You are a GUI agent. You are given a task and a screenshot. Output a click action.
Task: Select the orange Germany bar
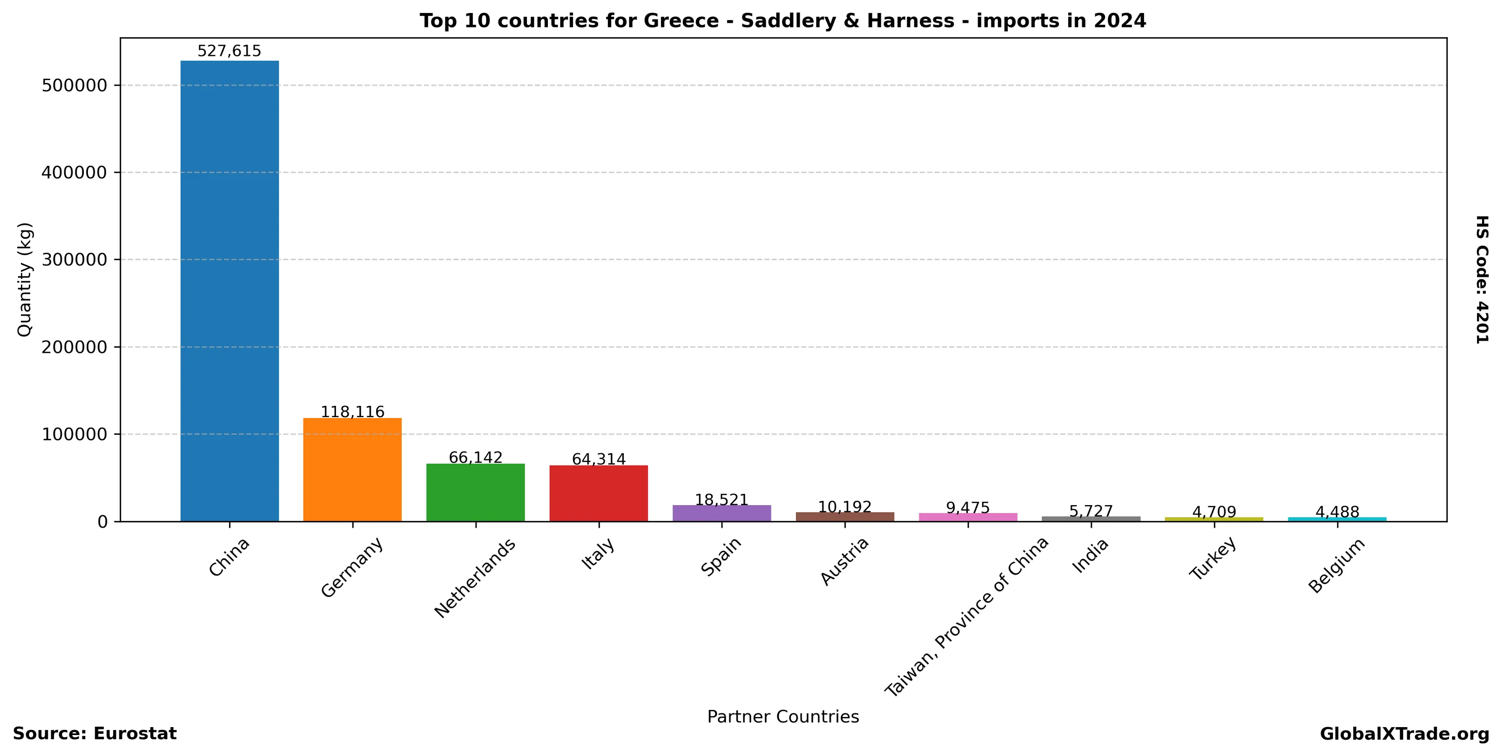(x=352, y=470)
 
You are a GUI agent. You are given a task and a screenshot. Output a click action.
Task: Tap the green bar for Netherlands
(x=476, y=493)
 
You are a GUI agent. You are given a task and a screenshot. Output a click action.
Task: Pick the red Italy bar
(x=599, y=493)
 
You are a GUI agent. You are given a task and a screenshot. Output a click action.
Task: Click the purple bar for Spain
(x=722, y=513)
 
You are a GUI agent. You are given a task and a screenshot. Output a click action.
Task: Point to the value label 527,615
(x=229, y=51)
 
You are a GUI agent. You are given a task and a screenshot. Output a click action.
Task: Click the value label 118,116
(x=352, y=412)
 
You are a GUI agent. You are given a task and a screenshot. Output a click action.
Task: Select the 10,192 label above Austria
(x=845, y=507)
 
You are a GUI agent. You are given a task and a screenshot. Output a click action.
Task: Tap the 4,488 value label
(x=1337, y=512)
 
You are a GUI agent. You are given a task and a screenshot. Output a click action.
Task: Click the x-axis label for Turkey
(x=1213, y=559)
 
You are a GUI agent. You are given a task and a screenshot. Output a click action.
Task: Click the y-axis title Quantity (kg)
(x=25, y=279)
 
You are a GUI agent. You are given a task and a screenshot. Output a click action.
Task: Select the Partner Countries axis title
(x=783, y=717)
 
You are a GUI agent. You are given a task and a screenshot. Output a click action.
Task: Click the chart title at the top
(x=783, y=21)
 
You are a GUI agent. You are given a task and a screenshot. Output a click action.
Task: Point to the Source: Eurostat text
(x=94, y=734)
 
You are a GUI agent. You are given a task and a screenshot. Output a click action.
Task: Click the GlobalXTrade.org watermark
(x=1404, y=735)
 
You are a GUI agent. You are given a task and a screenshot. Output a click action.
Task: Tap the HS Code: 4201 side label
(x=1482, y=279)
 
